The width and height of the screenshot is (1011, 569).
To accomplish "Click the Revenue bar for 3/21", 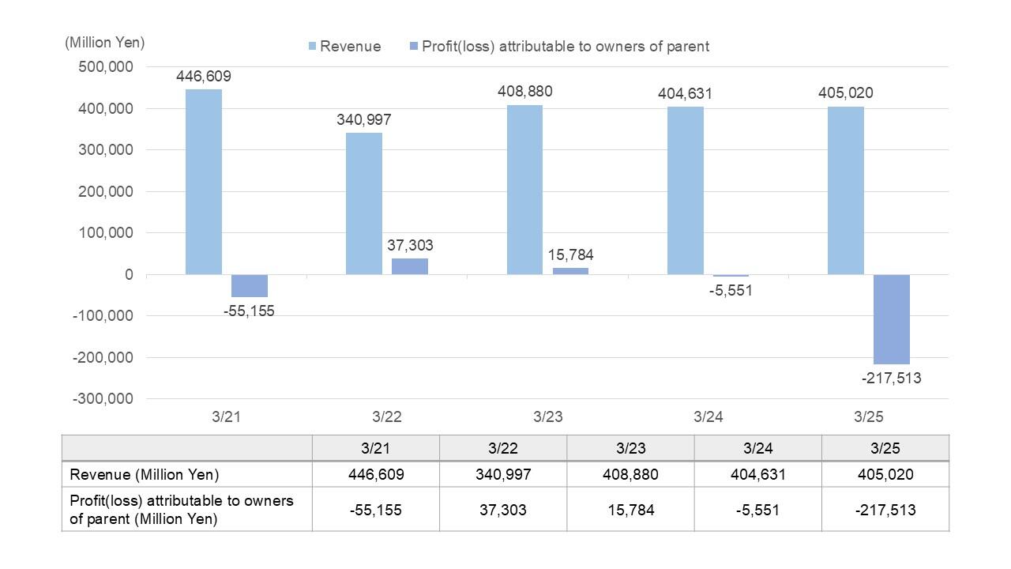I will [204, 182].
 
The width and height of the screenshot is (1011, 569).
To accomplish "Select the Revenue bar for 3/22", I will [364, 204].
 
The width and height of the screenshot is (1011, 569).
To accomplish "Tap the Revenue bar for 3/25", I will [846, 190].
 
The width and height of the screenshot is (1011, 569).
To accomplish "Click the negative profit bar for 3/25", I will [892, 319].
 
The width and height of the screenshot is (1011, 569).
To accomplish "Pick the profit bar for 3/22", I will [410, 266].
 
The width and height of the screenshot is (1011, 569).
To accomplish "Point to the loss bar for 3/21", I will [250, 285].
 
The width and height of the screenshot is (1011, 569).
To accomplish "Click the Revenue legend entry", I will [344, 47].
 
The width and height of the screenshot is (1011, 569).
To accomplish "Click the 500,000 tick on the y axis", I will [105, 67].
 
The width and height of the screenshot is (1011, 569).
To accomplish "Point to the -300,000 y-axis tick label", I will [103, 398].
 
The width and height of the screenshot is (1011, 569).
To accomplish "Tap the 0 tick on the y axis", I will [128, 274].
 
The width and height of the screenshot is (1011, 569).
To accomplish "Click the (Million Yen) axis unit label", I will [105, 43].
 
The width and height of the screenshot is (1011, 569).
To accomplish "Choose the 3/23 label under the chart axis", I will [547, 416].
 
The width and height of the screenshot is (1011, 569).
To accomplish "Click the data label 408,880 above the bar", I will [525, 92].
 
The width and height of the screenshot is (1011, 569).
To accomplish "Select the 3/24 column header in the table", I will [757, 448].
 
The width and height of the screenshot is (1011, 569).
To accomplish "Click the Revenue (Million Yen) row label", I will [145, 475].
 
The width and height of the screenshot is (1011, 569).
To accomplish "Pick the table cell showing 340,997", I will [503, 475].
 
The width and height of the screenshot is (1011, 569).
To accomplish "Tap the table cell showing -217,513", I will [885, 510].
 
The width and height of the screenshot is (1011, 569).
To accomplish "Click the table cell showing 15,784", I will [630, 510].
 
